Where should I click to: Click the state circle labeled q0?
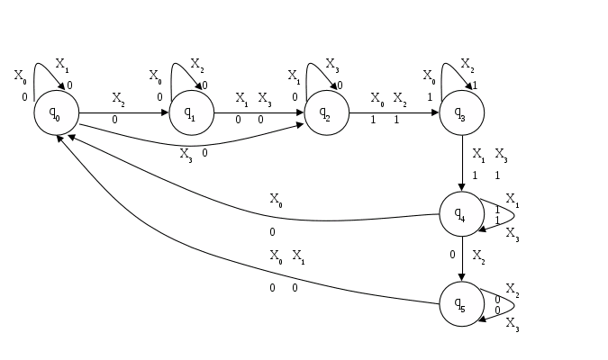[x=56, y=113]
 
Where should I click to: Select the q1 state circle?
[x=191, y=113]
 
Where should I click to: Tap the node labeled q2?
[x=326, y=113]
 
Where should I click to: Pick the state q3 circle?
[x=462, y=113]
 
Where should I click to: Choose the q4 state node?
[x=462, y=214]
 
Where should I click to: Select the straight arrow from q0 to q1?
[x=123, y=113]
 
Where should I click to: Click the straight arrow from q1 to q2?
[x=259, y=113]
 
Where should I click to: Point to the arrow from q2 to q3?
[x=394, y=113]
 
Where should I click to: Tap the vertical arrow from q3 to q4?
[x=462, y=164]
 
